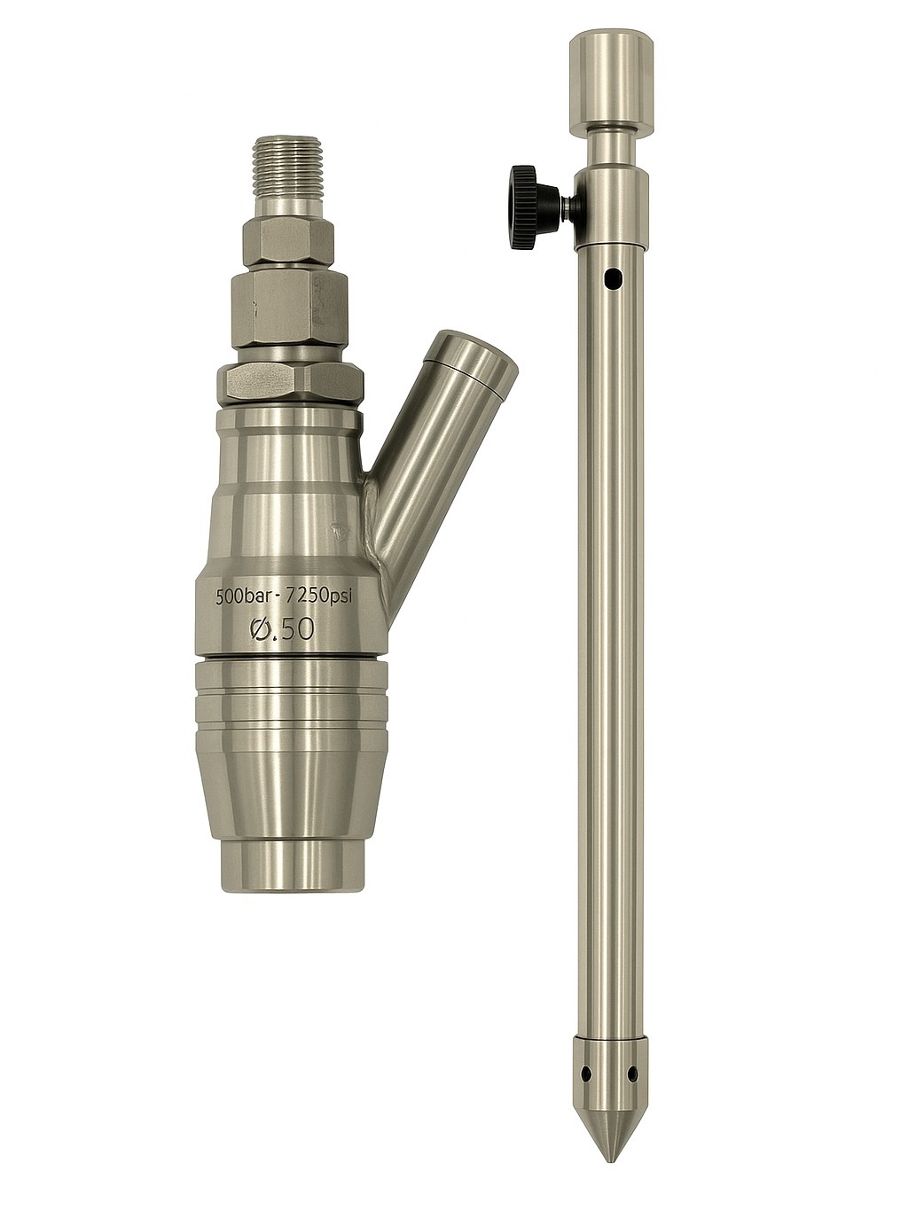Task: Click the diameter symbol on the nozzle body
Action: pyautogui.click(x=263, y=629)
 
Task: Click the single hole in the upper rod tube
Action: pyautogui.click(x=610, y=278)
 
